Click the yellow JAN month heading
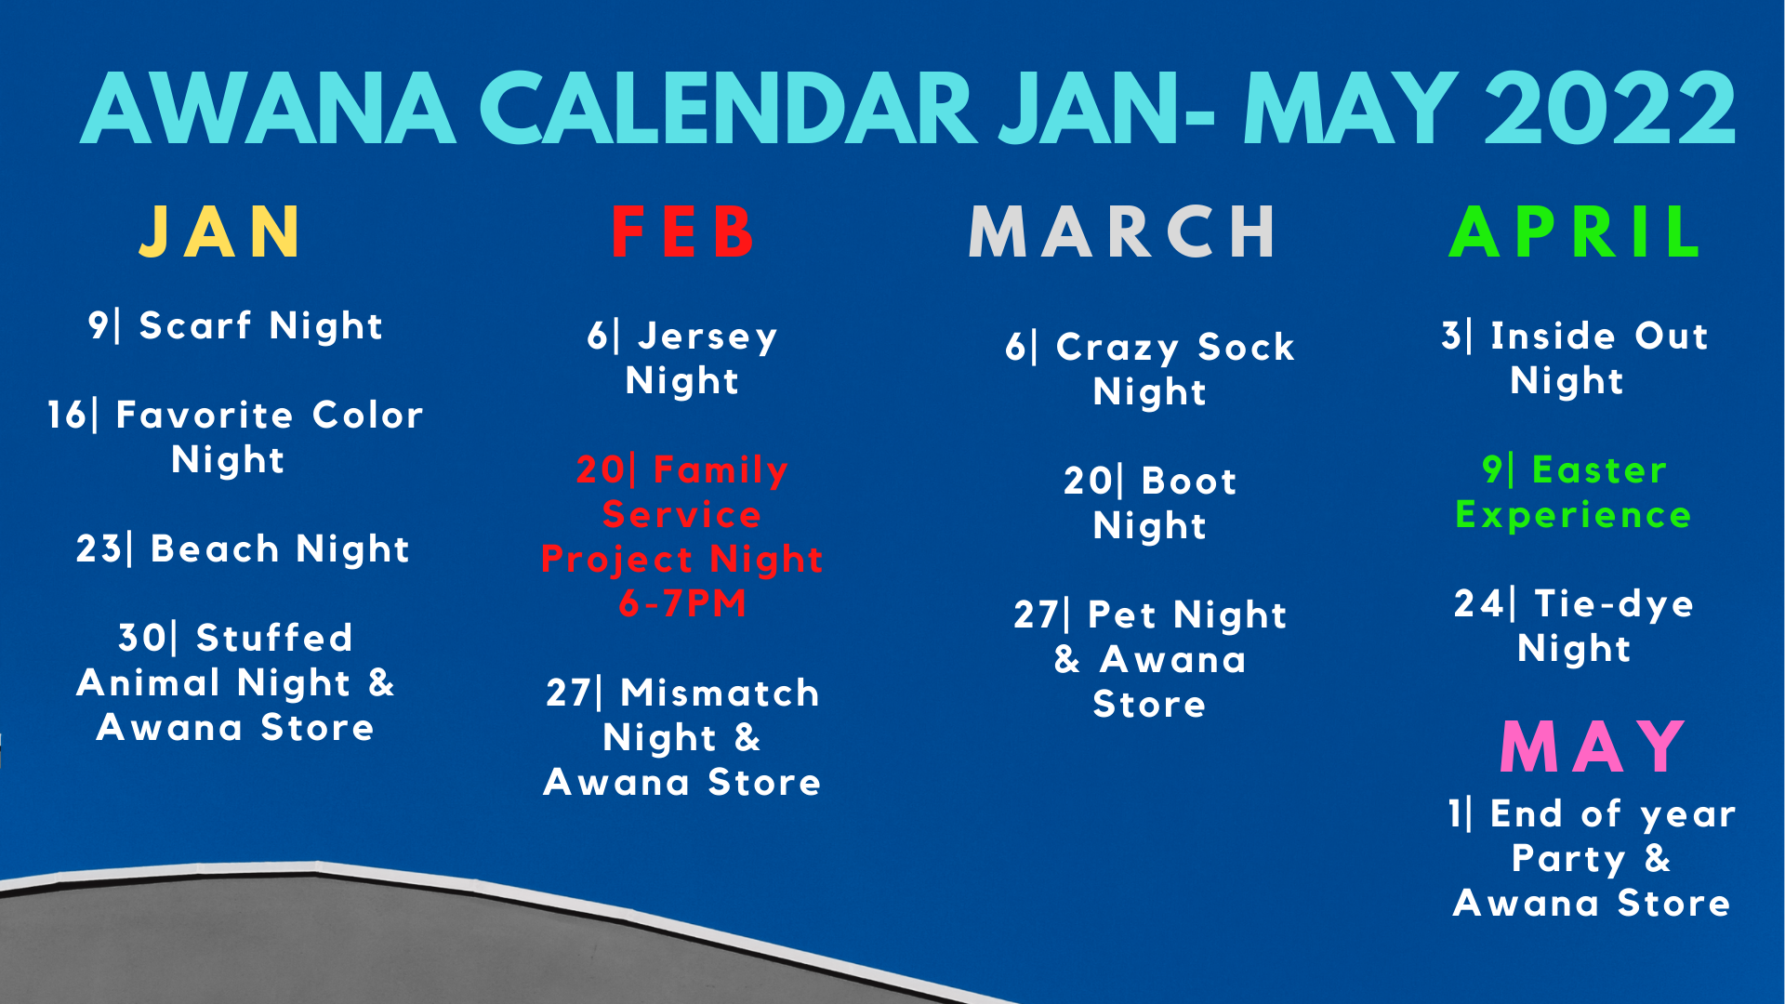pos(220,231)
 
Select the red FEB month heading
pos(683,231)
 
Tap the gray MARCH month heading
pos(1123,231)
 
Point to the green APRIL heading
pos(1576,231)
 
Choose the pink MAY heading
pos(1593,746)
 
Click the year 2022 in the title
pos(1610,109)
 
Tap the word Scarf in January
pos(195,326)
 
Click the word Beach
pos(215,549)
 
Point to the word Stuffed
pos(274,639)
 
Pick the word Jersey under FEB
pos(707,337)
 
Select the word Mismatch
pos(721,694)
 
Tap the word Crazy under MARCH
pos(1117,349)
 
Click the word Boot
pos(1189,482)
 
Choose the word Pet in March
pos(1124,615)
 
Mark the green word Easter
pos(1599,470)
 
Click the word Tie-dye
pos(1614,605)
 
